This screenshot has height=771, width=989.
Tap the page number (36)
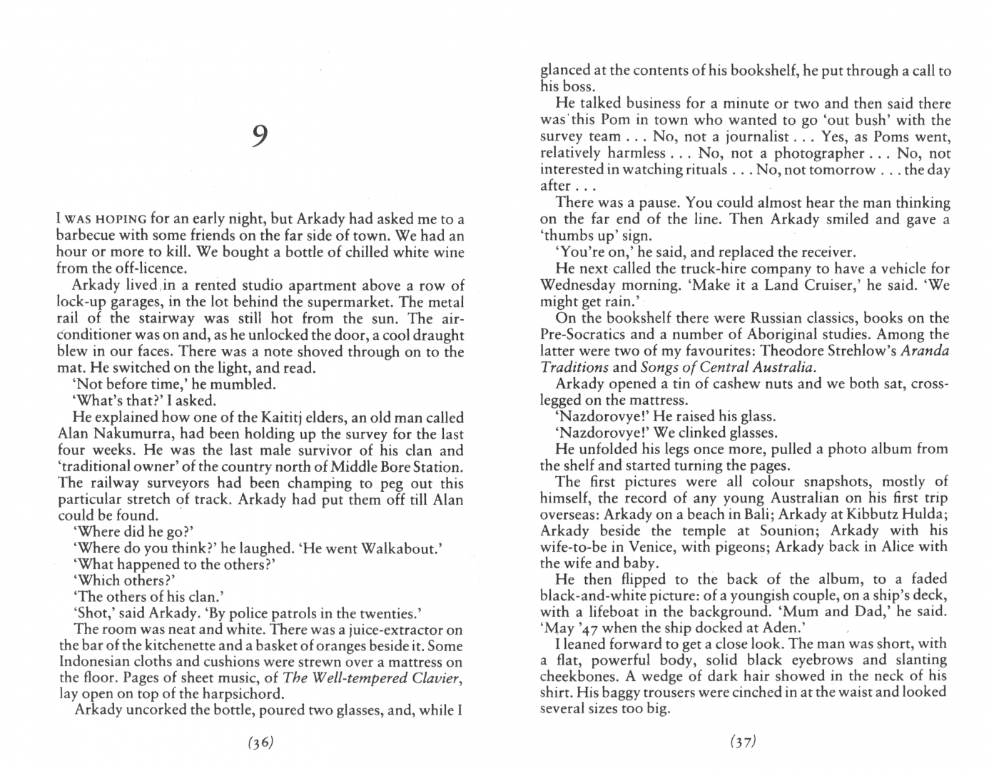[x=260, y=742]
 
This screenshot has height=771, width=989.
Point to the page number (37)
[x=742, y=742]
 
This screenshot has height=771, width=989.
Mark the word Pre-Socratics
[x=583, y=335]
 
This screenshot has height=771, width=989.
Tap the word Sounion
[x=750, y=530]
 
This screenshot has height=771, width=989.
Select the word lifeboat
[x=607, y=612]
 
